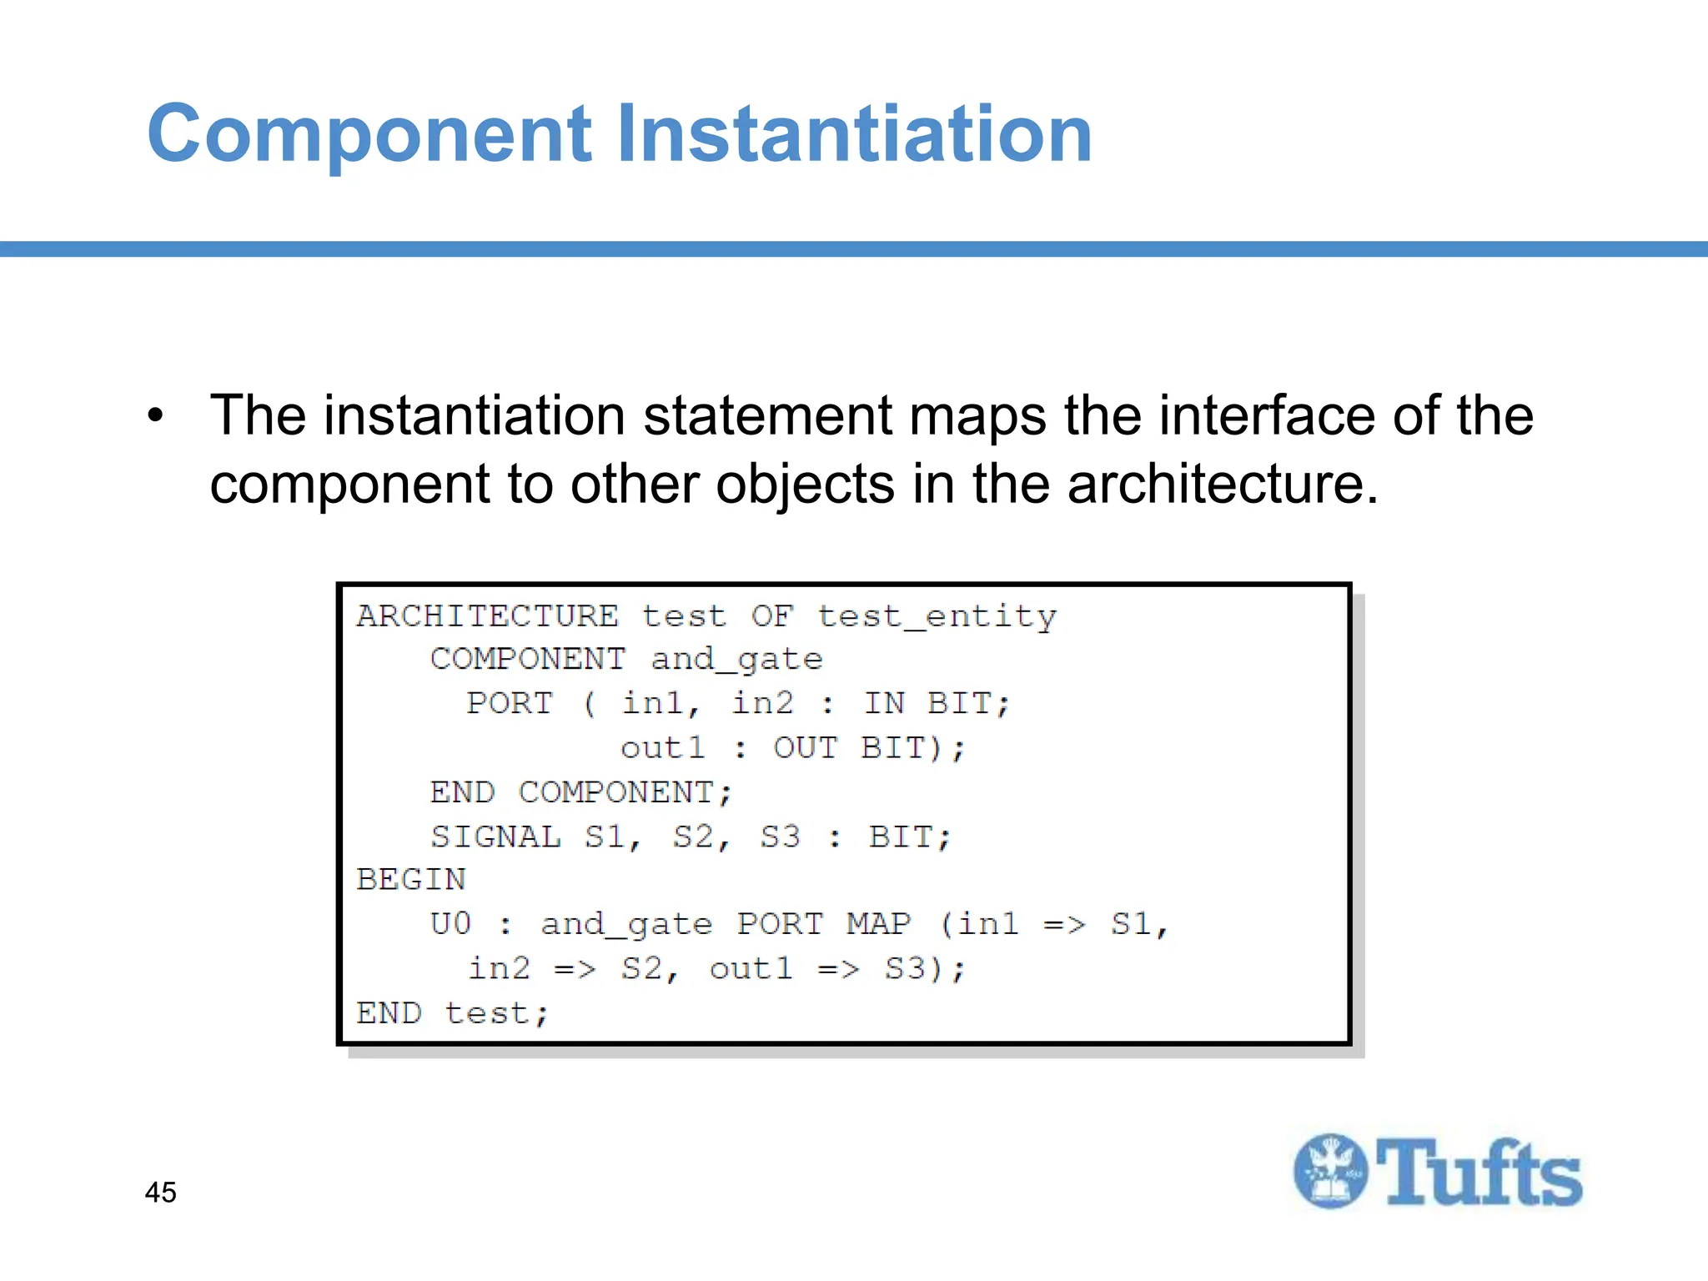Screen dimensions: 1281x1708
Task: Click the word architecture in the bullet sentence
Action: (1221, 484)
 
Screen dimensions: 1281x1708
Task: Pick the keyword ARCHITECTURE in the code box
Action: (488, 616)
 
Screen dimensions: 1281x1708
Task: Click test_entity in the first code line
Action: (937, 616)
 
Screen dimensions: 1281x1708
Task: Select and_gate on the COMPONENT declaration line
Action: (736, 660)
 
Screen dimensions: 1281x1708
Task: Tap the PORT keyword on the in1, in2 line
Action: (510, 704)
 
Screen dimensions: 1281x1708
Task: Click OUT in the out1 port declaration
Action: (805, 748)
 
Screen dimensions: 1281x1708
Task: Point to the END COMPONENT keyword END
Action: (462, 792)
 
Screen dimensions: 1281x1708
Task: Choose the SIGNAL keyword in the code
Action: (495, 836)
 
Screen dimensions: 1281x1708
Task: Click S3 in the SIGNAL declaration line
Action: (780, 836)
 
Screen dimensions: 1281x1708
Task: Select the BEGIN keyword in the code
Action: (411, 880)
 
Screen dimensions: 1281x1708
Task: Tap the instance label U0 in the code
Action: (450, 924)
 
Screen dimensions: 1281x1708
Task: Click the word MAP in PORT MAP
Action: (878, 924)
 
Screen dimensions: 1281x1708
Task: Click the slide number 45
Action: (160, 1192)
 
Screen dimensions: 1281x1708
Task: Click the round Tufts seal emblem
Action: (1330, 1171)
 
